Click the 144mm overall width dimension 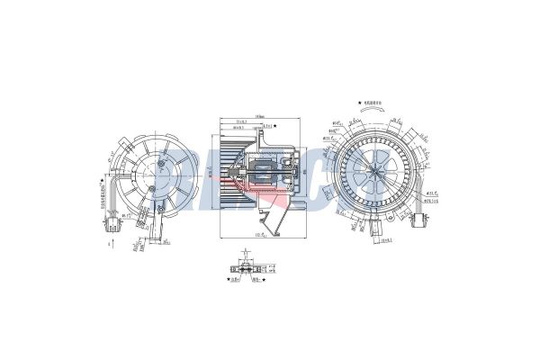pyautogui.click(x=259, y=116)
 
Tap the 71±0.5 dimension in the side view pyautogui.click(x=242, y=122)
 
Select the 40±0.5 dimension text pyautogui.click(x=238, y=129)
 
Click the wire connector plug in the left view pyautogui.click(x=110, y=220)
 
